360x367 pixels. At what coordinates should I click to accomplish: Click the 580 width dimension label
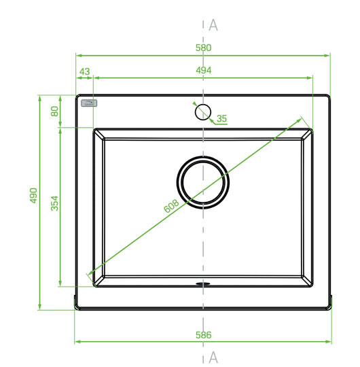point(203,48)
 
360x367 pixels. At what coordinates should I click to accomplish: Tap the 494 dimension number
point(204,70)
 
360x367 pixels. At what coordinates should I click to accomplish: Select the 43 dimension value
point(84,71)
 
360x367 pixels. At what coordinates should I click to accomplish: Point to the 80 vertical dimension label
point(54,111)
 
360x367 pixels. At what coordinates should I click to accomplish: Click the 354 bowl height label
point(54,203)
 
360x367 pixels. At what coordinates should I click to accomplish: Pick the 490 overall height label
point(34,196)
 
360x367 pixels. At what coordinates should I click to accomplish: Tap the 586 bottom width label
point(204,335)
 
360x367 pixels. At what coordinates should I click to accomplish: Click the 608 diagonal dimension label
point(171,206)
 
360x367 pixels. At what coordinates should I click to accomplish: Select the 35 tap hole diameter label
point(221,118)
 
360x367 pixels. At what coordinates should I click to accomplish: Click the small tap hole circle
point(203,105)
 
